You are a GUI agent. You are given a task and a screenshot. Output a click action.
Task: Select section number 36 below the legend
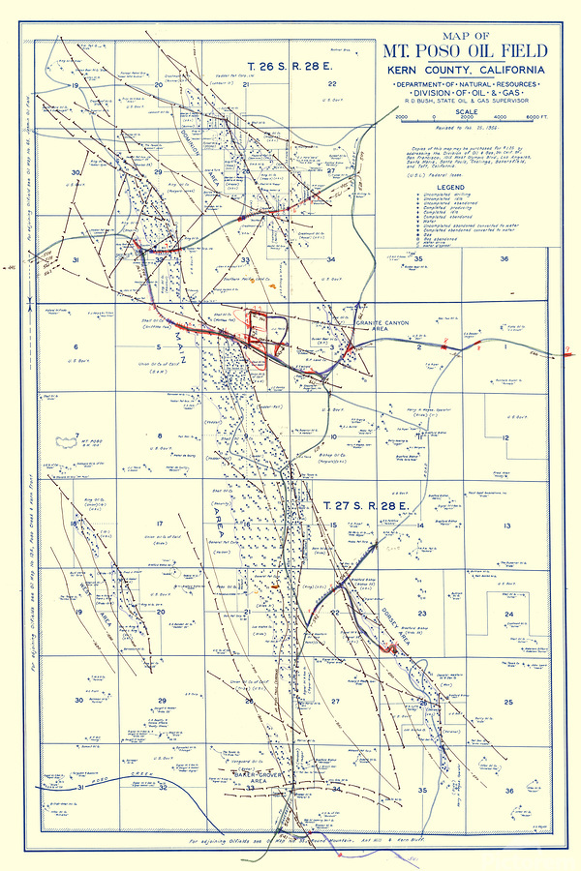(x=505, y=259)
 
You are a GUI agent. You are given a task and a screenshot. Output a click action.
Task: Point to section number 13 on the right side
(x=505, y=526)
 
